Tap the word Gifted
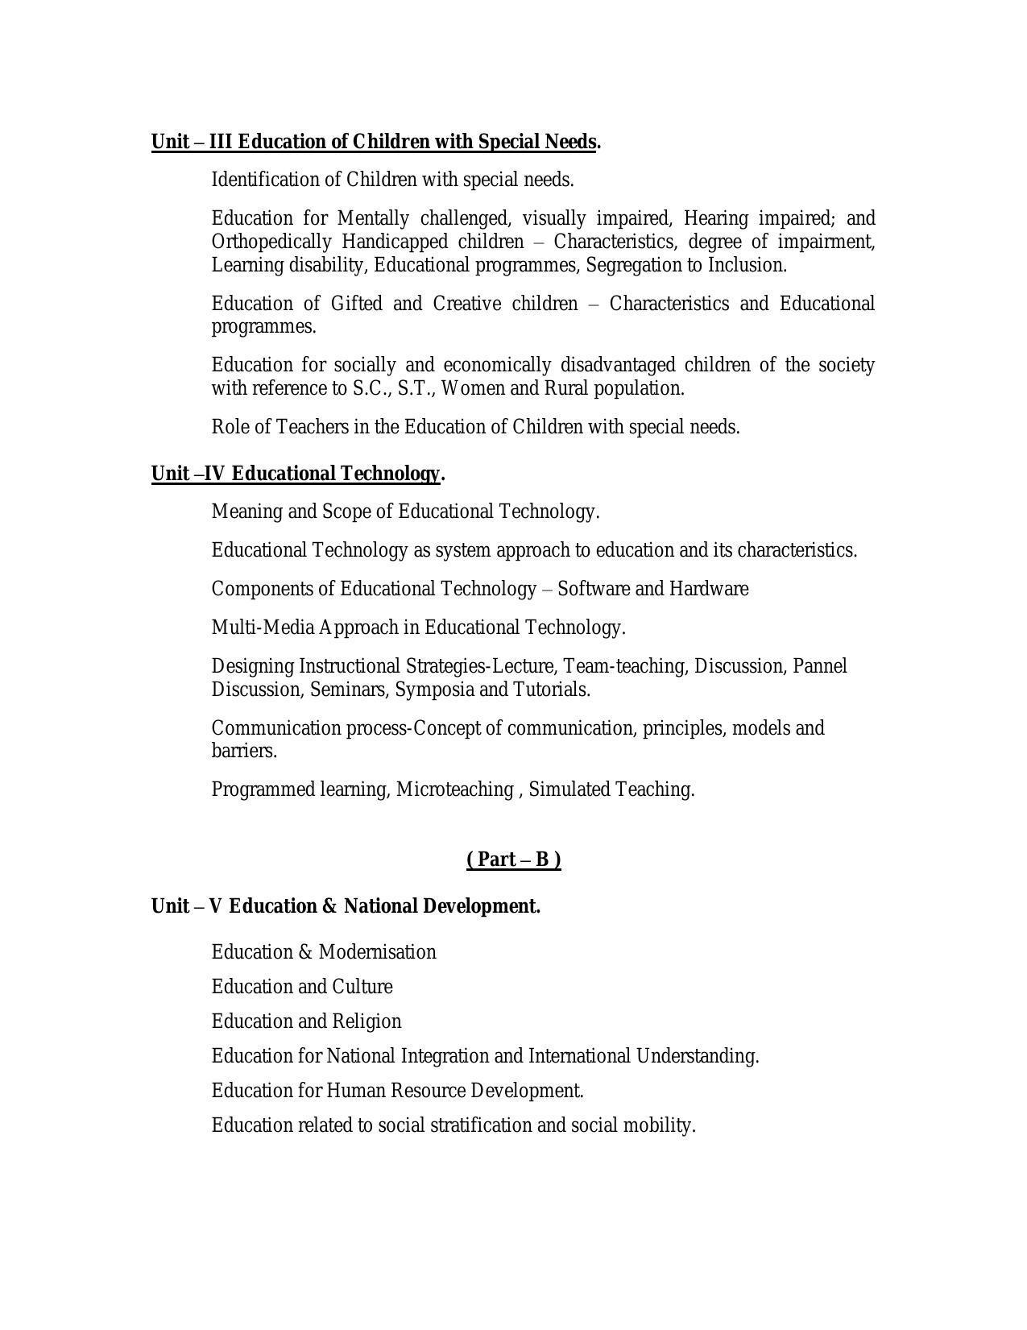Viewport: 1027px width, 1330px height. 356,304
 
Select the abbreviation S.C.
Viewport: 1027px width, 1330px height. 371,388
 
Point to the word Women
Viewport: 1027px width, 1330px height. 473,388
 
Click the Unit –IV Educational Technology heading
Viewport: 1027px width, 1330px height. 297,474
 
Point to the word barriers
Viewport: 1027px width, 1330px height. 243,751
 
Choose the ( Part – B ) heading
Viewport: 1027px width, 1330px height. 513,860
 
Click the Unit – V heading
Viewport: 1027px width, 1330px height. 346,906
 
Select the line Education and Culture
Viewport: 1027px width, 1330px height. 302,987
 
